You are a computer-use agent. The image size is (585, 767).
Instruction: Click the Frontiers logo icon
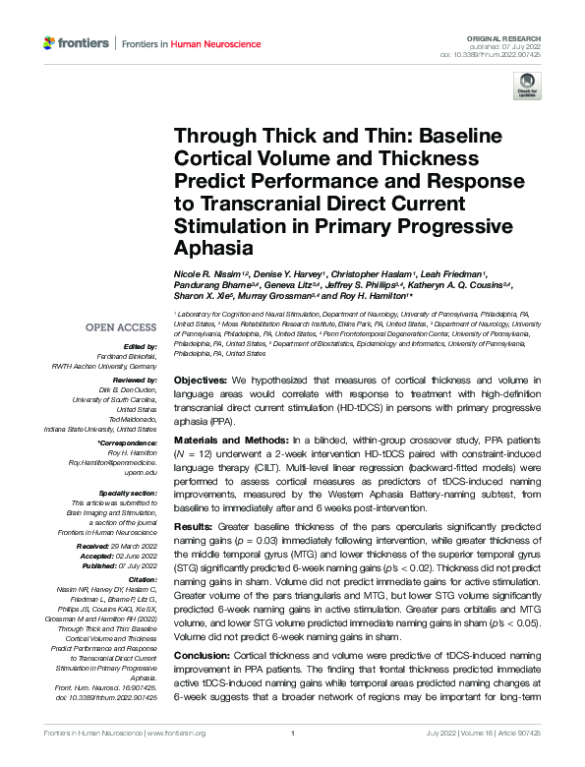[51, 43]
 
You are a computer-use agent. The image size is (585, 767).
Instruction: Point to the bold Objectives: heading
[204, 380]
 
